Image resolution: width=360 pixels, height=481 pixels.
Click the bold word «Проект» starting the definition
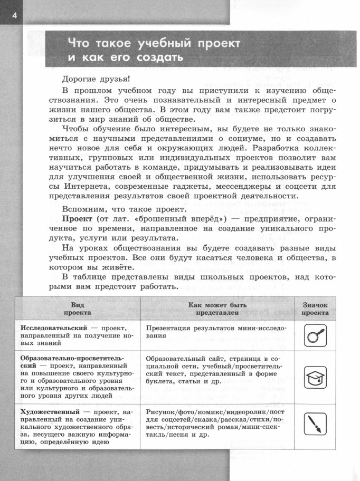click(77, 218)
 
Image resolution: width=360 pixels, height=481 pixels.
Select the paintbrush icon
click(316, 423)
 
